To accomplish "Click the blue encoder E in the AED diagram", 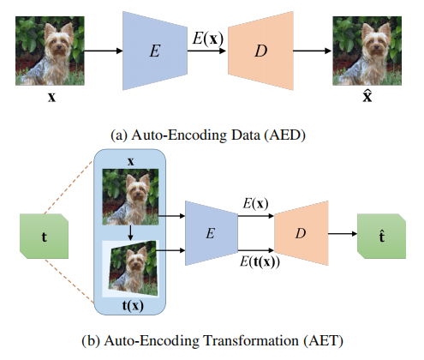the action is tap(155, 51).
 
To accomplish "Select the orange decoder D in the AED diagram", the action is tap(260, 51).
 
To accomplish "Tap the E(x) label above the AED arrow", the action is tap(208, 39).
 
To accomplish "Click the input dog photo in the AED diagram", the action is tap(50, 51).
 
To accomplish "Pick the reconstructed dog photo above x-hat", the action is tap(367, 51).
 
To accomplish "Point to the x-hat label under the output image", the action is tap(367, 96).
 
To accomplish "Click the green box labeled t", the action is tap(44, 237).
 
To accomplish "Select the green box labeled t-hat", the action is tap(381, 237).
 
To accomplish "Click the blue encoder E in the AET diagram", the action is tap(212, 233).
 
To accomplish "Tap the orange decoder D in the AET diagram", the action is tap(302, 233).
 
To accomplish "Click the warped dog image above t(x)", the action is tap(133, 268).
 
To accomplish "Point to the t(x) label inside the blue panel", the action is tap(133, 306).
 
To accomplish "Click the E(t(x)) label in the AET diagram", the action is tap(260, 261).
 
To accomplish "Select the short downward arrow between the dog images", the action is tap(130, 233).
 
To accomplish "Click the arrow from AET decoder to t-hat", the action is tap(343, 234).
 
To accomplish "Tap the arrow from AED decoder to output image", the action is tap(313, 51).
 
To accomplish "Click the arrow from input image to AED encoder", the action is tap(104, 51).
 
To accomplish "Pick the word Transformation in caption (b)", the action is tap(251, 340).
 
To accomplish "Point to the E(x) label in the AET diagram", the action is tap(255, 204).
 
